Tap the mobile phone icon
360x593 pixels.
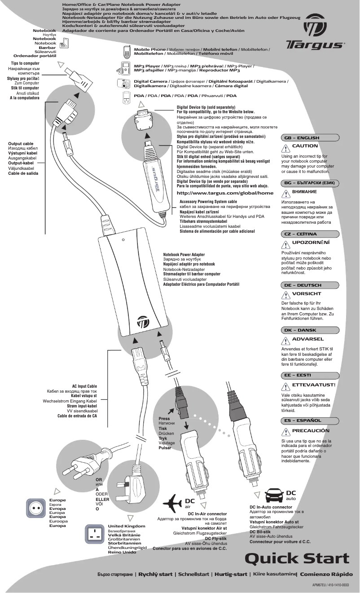pyautogui.click(x=126, y=52)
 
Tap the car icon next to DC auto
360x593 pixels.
pyautogui.click(x=274, y=496)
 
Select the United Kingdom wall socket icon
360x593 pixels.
pyautogui.click(x=95, y=535)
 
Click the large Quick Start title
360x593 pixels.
pyautogui.click(x=297, y=558)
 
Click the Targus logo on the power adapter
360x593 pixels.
pyautogui.click(x=144, y=323)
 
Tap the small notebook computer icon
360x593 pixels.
pyautogui.click(x=65, y=43)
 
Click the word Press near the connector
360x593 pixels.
pyautogui.click(x=164, y=419)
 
